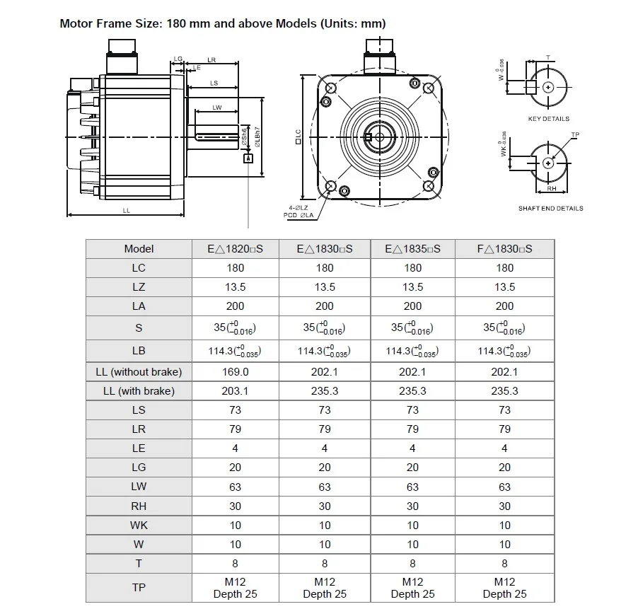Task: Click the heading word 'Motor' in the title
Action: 76,23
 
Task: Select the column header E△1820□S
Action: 235,249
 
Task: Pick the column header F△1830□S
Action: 504,249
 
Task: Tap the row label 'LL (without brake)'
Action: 139,371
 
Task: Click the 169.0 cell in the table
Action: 235,371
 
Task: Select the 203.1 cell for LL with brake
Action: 235,390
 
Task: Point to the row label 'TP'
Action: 139,587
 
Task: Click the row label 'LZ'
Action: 139,287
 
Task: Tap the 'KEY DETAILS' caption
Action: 548,119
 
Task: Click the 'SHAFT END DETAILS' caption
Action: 550,209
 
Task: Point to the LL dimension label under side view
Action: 126,210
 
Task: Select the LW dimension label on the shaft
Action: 217,108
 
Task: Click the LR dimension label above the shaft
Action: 211,59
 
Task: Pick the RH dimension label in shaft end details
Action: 550,189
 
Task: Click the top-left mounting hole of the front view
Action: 330,87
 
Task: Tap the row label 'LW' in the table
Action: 139,487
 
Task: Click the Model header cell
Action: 139,249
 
